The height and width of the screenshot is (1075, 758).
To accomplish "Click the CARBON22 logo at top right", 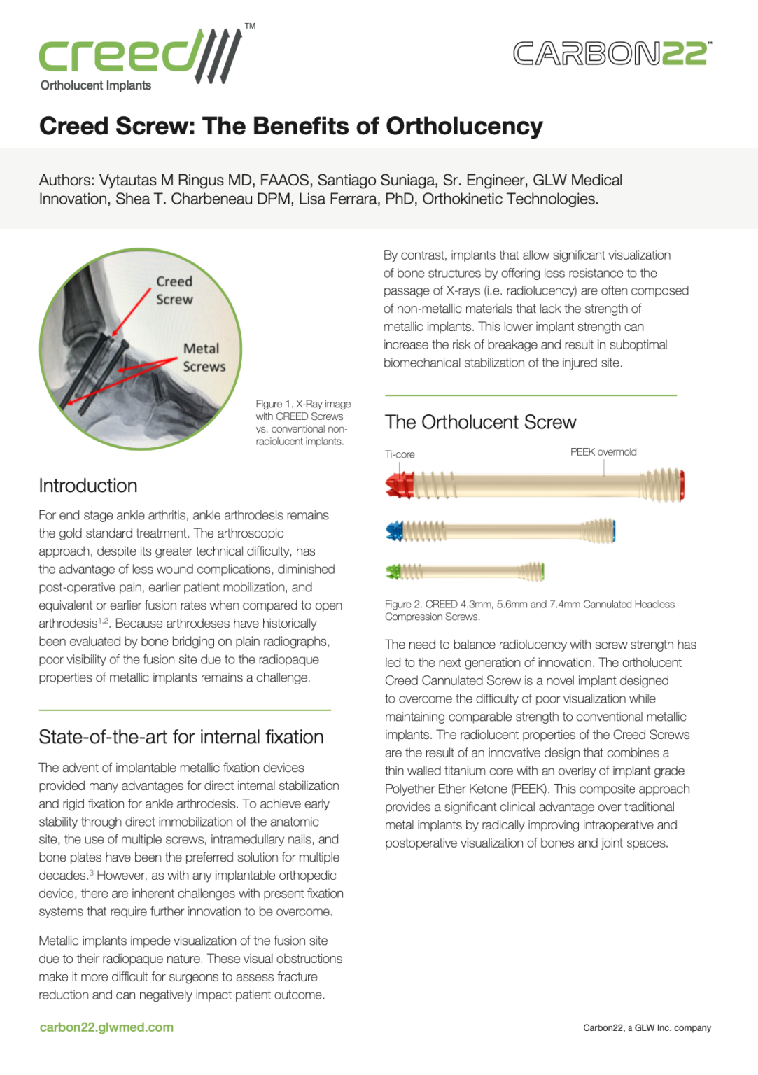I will coord(612,54).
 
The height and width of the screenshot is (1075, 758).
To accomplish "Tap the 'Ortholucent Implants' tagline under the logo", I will coord(96,85).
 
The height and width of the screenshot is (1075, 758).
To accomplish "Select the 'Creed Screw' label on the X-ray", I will coord(174,290).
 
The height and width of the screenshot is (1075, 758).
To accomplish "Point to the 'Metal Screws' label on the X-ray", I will coord(204,358).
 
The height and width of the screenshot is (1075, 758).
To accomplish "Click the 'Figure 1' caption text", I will coord(302,423).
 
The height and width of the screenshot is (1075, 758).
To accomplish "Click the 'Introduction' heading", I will coord(88,486).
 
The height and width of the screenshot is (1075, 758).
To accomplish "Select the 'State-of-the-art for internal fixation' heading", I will coord(181,737).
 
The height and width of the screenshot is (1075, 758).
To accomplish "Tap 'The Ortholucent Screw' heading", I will coord(480,422).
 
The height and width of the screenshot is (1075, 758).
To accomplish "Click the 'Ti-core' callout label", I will coord(400,454).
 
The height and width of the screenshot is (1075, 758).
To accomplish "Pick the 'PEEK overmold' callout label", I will coord(603,452).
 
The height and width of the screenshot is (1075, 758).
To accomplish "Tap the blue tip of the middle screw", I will coord(395,531).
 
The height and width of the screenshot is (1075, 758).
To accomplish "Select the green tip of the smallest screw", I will coord(393,572).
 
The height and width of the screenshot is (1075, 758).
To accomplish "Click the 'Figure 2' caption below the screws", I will coord(529,610).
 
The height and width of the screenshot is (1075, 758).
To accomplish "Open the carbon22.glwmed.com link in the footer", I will coord(106,1027).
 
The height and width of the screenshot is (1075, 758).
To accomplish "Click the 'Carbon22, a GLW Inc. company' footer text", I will coord(647,1028).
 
